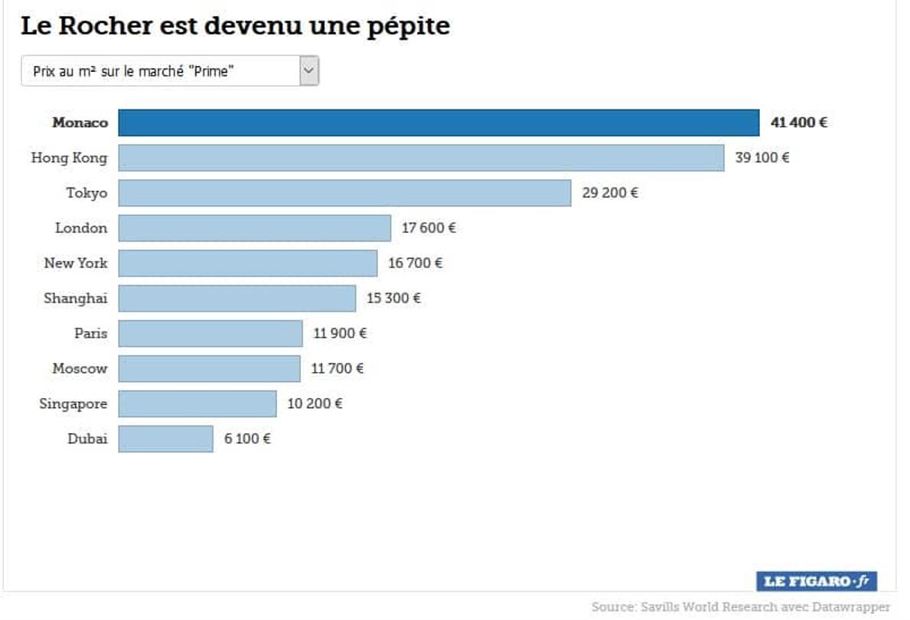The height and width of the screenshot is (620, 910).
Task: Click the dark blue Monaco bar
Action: (x=439, y=122)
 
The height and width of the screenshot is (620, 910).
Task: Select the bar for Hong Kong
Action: (x=421, y=158)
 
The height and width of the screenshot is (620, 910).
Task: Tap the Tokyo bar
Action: (x=344, y=193)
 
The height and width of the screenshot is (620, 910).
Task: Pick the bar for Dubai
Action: (x=165, y=439)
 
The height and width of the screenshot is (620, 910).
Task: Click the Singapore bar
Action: (x=197, y=403)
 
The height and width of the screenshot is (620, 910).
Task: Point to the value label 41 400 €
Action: (x=798, y=122)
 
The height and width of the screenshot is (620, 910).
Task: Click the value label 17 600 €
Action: (x=429, y=228)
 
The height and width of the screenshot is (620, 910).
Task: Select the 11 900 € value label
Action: (x=340, y=333)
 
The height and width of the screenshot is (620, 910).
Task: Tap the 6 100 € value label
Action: (x=247, y=439)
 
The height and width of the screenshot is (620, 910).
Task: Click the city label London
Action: (x=81, y=228)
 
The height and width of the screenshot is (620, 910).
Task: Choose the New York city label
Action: (x=76, y=263)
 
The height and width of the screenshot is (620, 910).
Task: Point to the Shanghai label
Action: (x=75, y=299)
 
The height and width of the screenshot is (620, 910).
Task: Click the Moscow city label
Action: (x=80, y=368)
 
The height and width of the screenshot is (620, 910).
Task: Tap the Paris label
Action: (x=90, y=333)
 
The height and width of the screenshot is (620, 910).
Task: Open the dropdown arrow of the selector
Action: (x=308, y=71)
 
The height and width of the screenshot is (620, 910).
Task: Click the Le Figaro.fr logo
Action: (x=817, y=581)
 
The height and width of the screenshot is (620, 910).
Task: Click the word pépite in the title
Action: (x=410, y=27)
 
